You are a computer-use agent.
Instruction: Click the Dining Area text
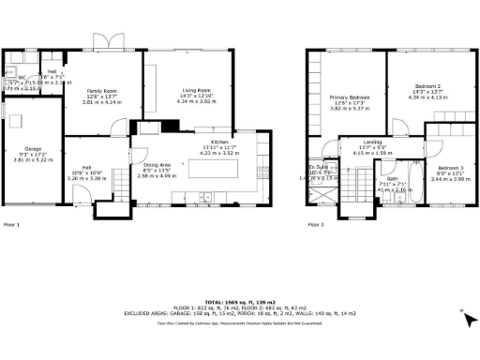coord(157,164)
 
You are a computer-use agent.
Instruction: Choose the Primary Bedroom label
coord(348,97)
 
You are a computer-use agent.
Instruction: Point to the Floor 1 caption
coord(12,225)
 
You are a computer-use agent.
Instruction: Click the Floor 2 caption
coord(315,225)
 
